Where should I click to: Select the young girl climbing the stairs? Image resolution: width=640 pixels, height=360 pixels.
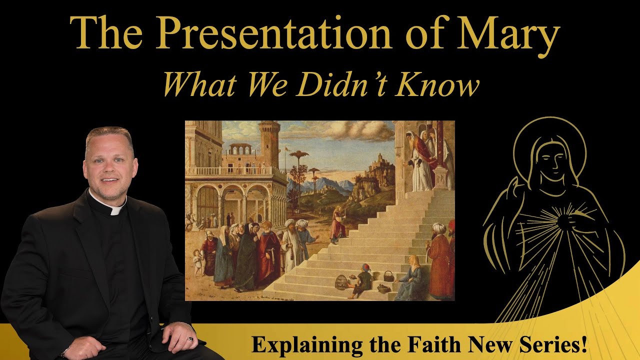pos(338,224)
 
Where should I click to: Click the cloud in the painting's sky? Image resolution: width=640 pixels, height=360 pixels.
pos(370,131)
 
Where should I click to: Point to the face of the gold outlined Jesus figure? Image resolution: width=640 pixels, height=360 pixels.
pos(551,158)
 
